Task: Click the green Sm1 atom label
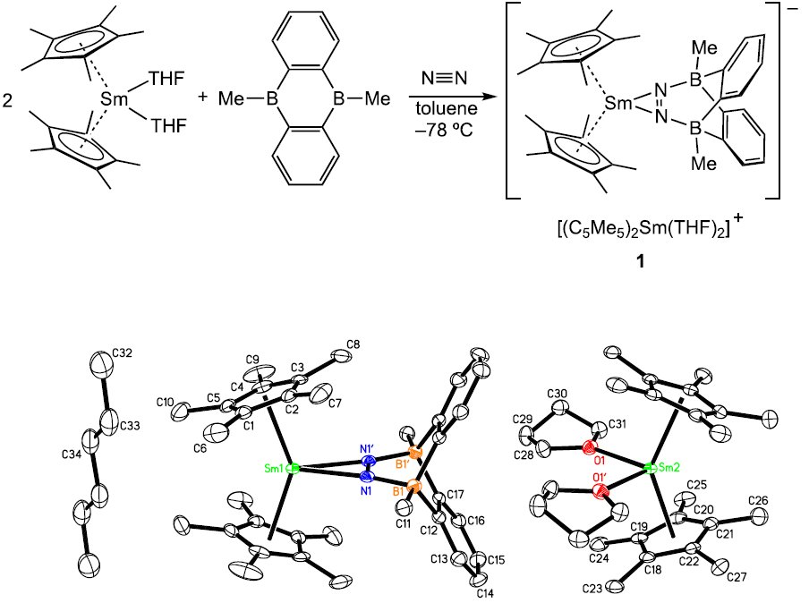tap(274, 468)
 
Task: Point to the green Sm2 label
tap(667, 467)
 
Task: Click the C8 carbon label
tap(353, 344)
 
